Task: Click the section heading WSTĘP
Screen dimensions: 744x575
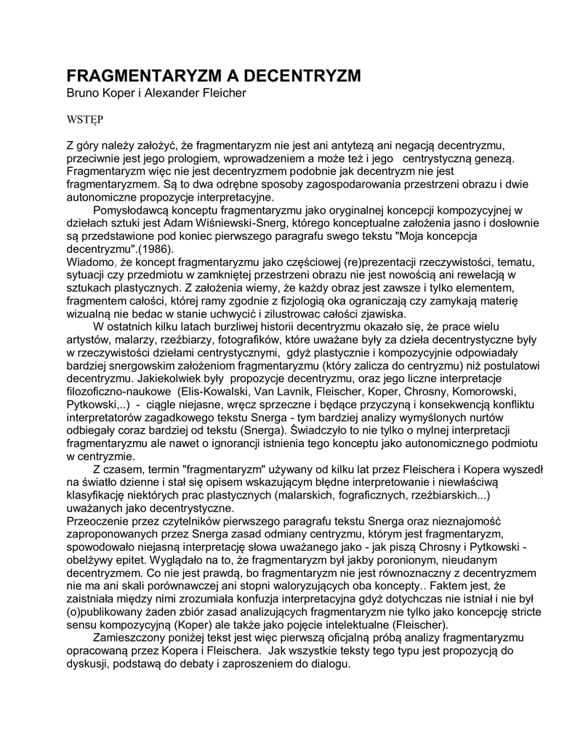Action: [x=85, y=117]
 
